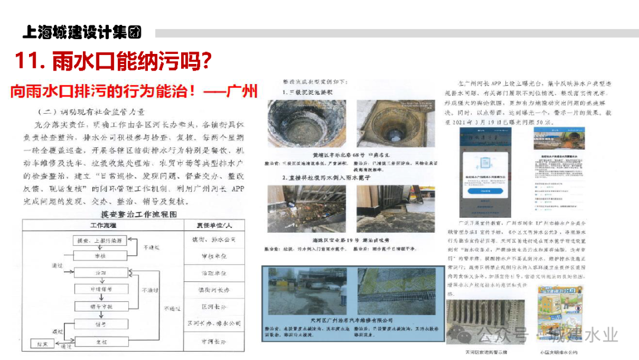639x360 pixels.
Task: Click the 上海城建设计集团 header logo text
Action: tap(82, 32)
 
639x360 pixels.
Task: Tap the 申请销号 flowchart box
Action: tap(100, 290)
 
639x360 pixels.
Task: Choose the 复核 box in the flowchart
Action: tap(101, 342)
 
